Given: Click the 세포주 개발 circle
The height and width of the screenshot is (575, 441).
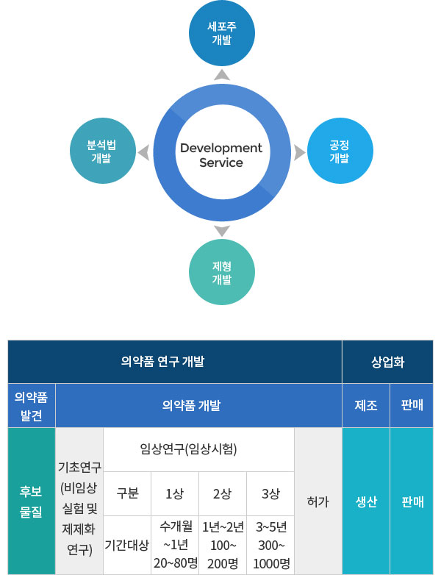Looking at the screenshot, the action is pos(222,33).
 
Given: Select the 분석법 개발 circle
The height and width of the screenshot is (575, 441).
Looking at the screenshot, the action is pos(103,151).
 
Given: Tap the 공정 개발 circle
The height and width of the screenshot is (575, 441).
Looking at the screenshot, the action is pos(340,151).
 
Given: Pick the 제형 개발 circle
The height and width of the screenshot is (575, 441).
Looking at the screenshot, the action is pos(222,272).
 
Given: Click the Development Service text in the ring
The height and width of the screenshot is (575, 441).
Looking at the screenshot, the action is pos(221,154).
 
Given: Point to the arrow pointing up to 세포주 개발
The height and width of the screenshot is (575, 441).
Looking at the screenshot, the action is pos(222,74).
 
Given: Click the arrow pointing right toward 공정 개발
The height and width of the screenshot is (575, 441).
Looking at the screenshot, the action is pos(299,152).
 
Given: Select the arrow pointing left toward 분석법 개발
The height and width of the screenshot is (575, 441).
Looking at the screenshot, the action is pos(144,152).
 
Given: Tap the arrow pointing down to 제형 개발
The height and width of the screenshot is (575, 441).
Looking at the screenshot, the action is pos(222,231).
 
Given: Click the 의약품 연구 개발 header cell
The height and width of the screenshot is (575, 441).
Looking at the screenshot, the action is pos(175,362).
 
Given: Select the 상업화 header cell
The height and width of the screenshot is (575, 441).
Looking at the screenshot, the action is pos(387,362).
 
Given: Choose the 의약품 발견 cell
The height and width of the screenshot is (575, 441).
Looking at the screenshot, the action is pos(32,406).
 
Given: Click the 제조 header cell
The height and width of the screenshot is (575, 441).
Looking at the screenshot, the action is pos(366,406).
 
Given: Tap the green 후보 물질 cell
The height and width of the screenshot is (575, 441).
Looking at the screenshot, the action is pos(32,501).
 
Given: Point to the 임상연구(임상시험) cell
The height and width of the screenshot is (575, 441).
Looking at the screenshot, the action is pos(198,449).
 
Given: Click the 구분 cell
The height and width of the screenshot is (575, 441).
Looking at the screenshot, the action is pos(127,493).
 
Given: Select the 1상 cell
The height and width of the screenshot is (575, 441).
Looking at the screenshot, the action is pos(175,493).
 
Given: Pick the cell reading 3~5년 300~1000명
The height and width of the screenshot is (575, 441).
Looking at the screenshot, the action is pos(270,545).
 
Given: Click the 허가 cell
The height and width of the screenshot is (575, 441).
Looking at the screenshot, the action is pos(318,501).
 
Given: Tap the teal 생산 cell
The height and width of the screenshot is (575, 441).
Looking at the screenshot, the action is pos(366,501).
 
